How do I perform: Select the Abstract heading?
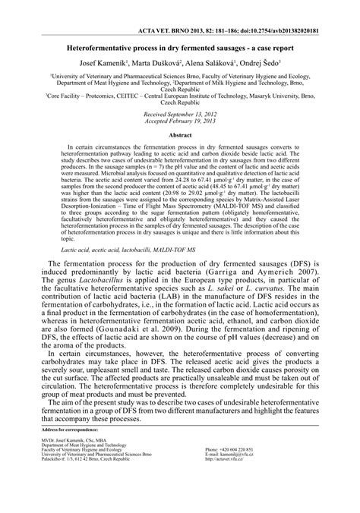pos(180,134)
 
